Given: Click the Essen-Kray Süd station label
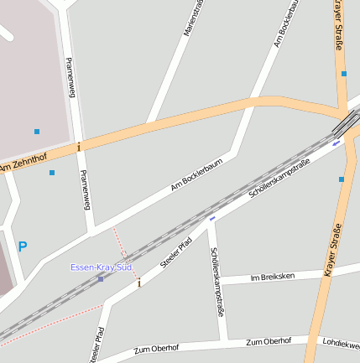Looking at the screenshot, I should tap(102, 267).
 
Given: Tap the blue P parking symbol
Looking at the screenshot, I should tap(23, 246).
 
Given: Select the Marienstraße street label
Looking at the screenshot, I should tap(193, 18).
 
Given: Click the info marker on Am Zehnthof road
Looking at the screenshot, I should tap(79, 147).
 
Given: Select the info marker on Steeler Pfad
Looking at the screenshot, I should tap(139, 283).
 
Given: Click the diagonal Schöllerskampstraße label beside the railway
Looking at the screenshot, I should tap(280, 179).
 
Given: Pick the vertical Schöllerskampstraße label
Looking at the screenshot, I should tap(217, 282).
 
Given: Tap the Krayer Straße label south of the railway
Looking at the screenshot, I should tap(332, 251).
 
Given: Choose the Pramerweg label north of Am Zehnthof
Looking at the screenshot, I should tap(70, 77).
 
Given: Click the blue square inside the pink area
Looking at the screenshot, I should tap(37, 132).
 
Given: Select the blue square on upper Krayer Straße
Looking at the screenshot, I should tap(344, 74).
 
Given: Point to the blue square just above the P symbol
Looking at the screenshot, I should tap(52, 173).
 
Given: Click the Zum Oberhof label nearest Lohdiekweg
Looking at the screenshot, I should tap(269, 341).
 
